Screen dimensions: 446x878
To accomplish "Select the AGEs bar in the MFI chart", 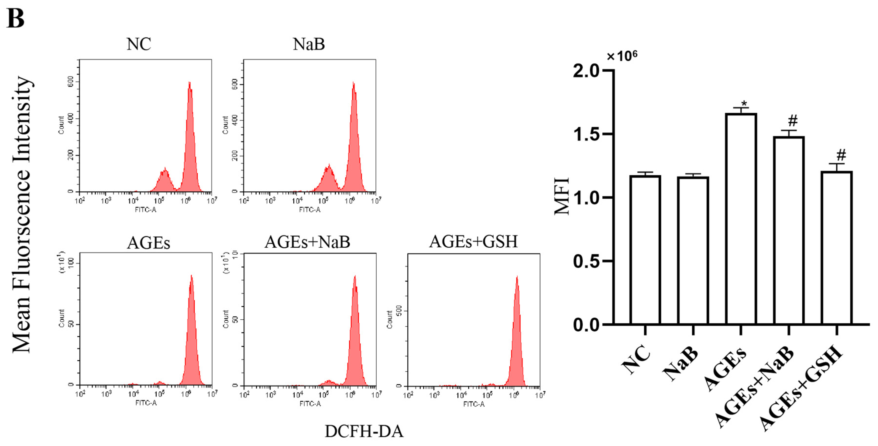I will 741,218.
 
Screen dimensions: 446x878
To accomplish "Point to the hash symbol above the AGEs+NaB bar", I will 793,121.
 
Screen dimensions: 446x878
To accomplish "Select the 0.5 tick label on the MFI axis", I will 586,261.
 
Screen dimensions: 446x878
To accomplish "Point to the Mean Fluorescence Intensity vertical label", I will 22,215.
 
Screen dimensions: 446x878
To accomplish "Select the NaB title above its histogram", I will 309,44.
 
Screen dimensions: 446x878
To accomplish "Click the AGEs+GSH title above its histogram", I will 474,242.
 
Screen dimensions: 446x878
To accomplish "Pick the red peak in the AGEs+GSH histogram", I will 517,334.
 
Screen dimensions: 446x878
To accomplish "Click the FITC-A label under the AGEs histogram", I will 146,403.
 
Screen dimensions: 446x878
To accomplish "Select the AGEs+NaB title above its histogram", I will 308,242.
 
